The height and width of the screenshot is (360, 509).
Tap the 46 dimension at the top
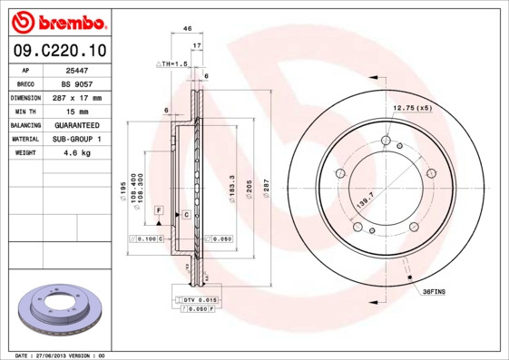[188, 29]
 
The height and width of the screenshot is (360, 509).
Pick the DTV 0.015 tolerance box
[199, 299]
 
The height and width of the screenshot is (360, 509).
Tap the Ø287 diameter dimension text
[267, 190]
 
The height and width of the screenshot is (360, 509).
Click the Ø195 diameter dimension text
[122, 190]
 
